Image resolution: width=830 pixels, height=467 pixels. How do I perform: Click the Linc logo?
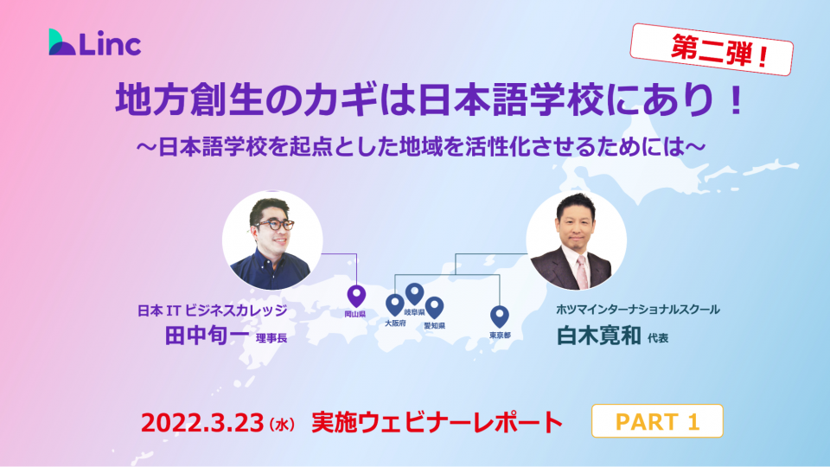(x=95, y=42)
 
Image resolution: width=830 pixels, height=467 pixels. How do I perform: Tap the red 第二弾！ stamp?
(x=712, y=49)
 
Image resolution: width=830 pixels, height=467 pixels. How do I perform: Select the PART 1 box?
(x=657, y=421)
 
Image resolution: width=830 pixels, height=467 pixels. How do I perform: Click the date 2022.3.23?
(x=202, y=423)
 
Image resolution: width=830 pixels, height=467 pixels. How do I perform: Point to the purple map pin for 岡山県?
(x=356, y=297)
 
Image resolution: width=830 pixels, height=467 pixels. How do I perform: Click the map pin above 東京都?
(x=499, y=317)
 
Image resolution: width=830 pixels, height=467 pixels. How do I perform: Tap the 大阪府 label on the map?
(x=395, y=323)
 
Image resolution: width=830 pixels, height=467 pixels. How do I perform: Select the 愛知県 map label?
(x=434, y=326)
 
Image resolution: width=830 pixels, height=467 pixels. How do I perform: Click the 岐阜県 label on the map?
(x=414, y=312)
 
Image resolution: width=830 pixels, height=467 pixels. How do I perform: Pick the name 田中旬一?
(x=207, y=336)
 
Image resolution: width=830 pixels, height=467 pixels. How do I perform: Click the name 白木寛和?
(x=598, y=336)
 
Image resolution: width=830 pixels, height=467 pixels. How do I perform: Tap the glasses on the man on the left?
(x=274, y=225)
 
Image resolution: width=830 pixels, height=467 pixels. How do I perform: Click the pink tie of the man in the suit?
(x=582, y=271)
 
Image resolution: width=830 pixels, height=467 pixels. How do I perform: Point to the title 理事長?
(x=271, y=338)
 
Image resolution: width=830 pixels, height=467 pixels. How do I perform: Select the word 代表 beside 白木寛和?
(x=658, y=338)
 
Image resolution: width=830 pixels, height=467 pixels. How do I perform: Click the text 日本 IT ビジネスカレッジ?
(x=213, y=310)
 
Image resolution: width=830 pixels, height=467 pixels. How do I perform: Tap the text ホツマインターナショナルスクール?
(x=637, y=310)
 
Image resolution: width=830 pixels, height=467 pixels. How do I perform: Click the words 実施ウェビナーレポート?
(x=437, y=423)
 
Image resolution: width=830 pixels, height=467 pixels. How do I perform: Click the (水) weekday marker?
(x=282, y=424)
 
